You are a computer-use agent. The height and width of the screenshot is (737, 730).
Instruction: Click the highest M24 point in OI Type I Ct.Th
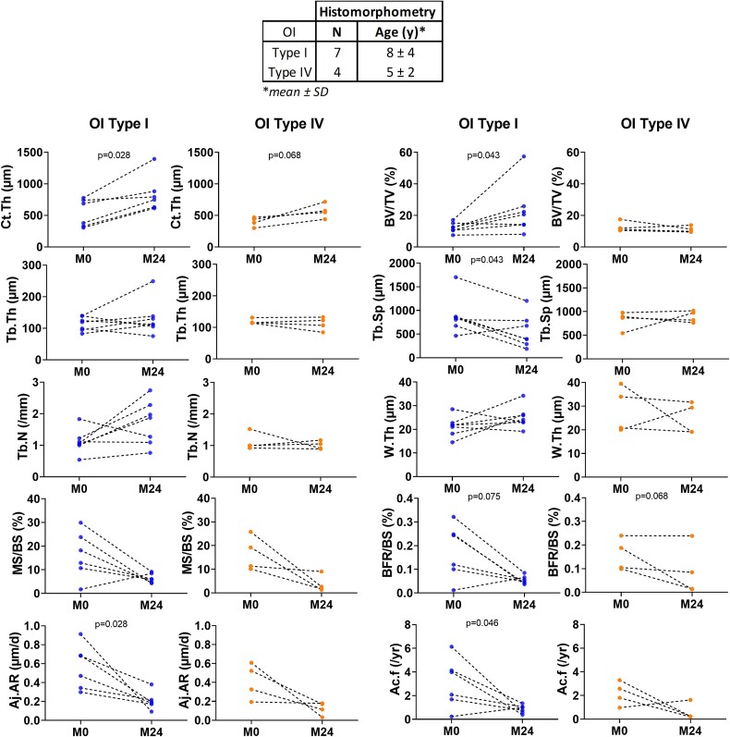(x=154, y=159)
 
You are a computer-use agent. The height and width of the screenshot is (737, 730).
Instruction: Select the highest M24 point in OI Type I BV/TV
(x=523, y=156)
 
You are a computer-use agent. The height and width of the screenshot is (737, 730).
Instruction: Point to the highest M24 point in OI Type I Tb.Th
(x=154, y=281)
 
